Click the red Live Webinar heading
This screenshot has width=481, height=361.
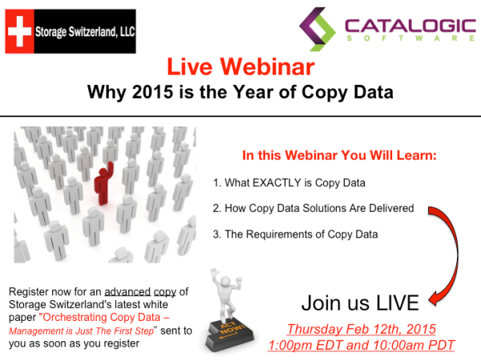[x=240, y=66]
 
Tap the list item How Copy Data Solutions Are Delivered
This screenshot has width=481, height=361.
[x=313, y=209]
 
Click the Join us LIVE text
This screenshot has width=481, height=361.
[x=360, y=302]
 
